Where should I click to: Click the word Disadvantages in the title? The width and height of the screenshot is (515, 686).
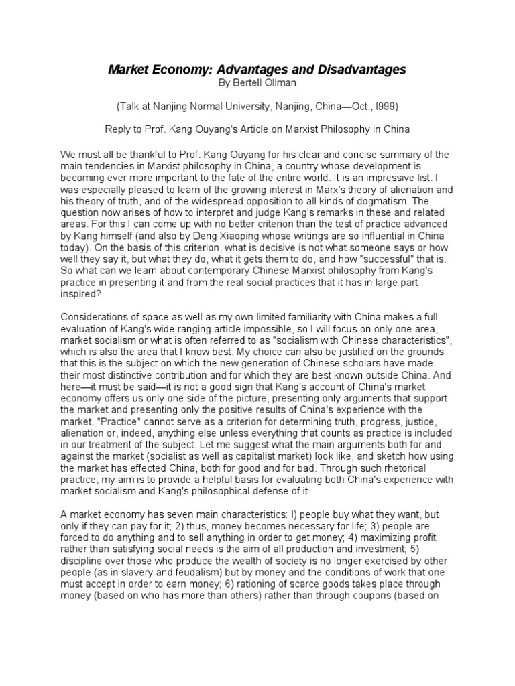pos(359,70)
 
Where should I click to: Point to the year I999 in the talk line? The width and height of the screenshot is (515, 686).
pos(388,106)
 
